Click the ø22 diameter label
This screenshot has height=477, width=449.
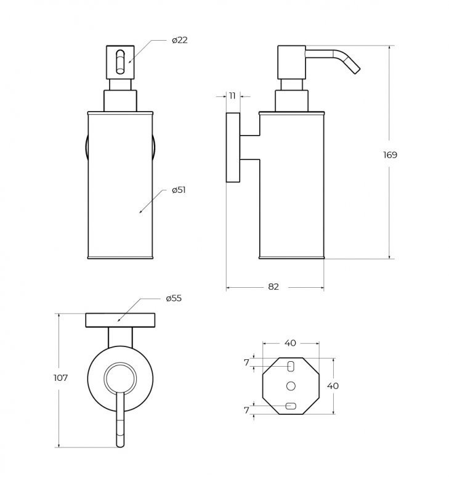[x=180, y=40]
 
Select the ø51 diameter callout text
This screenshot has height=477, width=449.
[x=179, y=190]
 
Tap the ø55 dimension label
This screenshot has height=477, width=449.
[x=174, y=298]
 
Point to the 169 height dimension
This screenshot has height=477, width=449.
[x=390, y=155]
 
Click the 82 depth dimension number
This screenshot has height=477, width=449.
[x=273, y=287]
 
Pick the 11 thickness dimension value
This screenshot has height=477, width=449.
[x=233, y=96]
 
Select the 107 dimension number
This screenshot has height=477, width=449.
[x=60, y=378]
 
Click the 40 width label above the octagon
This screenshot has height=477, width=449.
[x=290, y=343]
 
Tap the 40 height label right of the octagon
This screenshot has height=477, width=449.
[x=333, y=386]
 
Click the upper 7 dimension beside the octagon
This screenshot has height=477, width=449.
[x=246, y=362]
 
